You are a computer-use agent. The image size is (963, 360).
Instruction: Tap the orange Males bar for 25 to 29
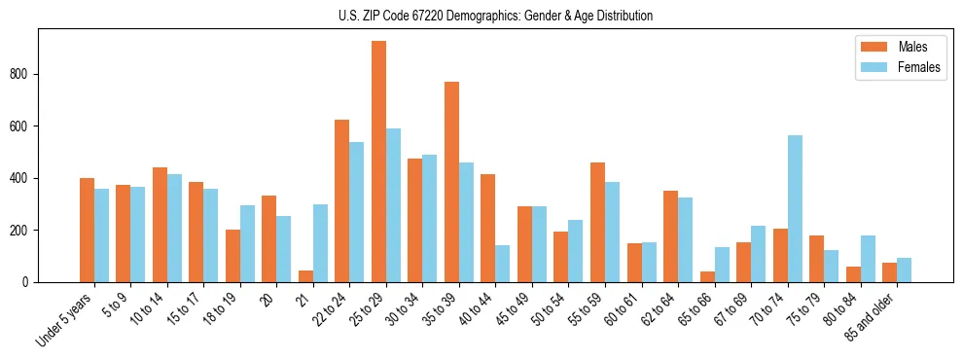point(378,162)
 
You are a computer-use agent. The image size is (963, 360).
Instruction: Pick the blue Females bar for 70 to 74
point(795,209)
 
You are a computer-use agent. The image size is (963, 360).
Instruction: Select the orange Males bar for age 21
point(305,276)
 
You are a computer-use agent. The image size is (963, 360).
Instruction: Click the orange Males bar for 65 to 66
point(707,277)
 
